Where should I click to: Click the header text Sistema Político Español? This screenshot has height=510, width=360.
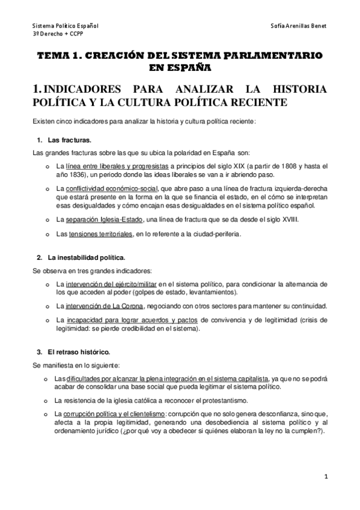66,27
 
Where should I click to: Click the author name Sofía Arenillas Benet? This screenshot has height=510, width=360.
299,27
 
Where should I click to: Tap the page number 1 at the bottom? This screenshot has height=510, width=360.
325,478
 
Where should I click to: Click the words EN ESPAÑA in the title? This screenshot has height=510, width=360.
180,66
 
